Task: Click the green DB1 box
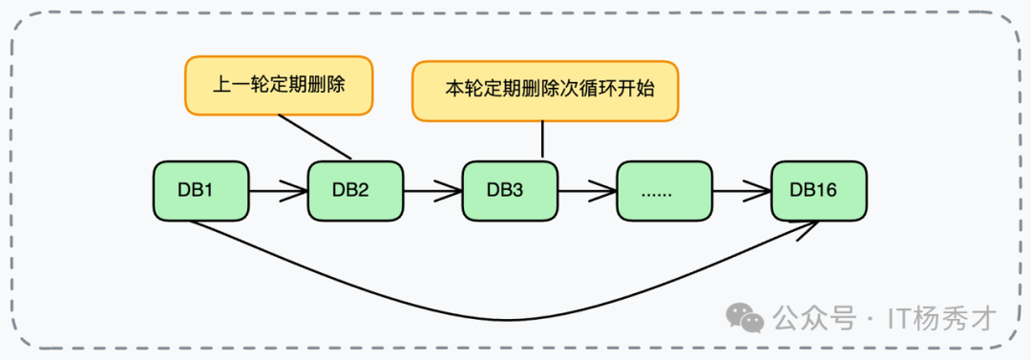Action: coord(201,190)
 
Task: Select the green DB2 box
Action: coord(355,190)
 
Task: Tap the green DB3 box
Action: coord(510,190)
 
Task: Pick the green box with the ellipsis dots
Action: coord(664,190)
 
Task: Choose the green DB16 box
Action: coord(819,190)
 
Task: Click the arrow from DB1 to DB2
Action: coord(278,190)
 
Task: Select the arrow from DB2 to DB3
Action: coord(432,190)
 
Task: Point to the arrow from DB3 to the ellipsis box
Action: coord(587,190)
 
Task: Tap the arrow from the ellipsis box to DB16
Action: coord(742,190)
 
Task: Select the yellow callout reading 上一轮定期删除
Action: coord(278,86)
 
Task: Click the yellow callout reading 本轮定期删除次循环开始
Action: coord(545,92)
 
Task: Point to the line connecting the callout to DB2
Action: coord(315,137)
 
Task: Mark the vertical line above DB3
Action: coord(542,139)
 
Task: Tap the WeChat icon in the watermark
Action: coord(747,318)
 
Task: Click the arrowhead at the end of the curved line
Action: coord(812,225)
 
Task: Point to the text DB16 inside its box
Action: coord(813,190)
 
